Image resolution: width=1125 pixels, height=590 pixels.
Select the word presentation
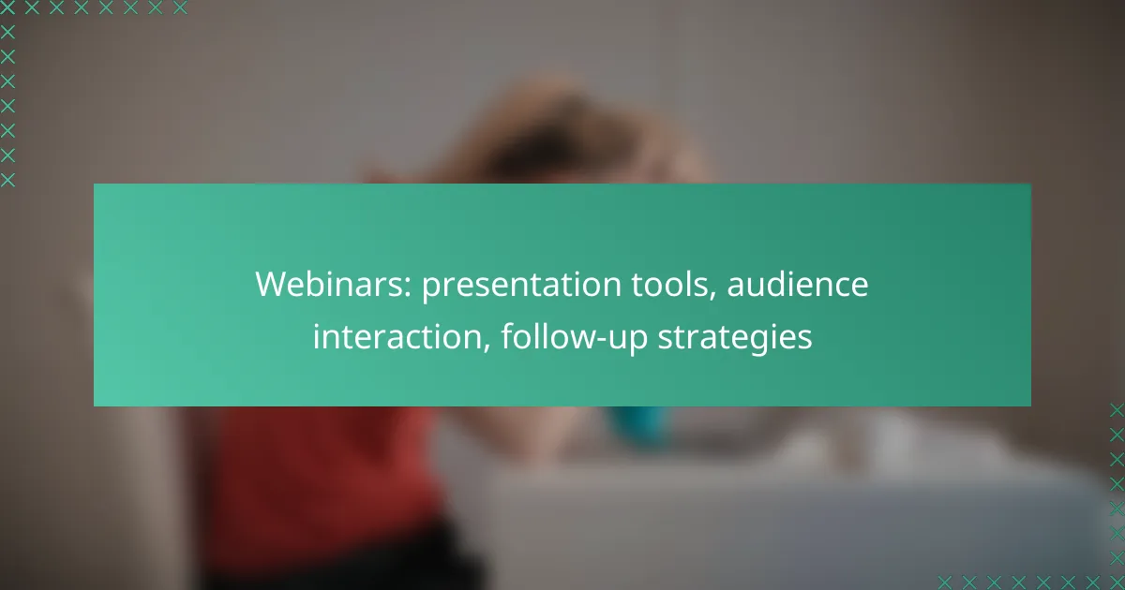[x=521, y=286]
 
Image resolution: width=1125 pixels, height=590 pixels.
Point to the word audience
[x=798, y=284]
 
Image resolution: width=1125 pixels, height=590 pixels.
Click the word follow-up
[x=575, y=337]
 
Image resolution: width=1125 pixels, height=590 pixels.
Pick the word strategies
[x=735, y=337]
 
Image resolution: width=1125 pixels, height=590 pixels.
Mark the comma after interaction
[x=486, y=347]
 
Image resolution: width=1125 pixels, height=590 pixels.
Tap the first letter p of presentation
[x=431, y=290]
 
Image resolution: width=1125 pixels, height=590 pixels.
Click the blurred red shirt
[x=322, y=477]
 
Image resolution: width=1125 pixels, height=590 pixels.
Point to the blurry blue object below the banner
[x=637, y=425]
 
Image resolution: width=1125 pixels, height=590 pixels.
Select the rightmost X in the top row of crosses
[x=180, y=7]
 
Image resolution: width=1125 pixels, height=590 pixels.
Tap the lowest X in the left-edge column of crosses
[x=7, y=180]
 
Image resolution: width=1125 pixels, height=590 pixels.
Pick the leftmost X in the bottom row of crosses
[x=944, y=583]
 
